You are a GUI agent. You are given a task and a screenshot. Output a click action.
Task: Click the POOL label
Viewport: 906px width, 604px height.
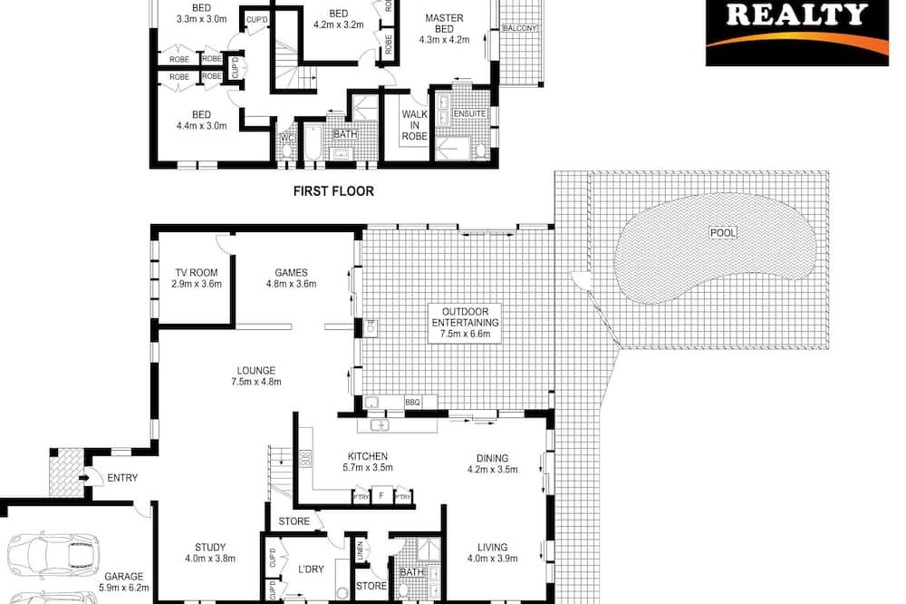pos(723,232)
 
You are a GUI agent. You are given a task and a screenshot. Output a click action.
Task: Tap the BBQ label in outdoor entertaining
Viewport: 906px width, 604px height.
pos(412,402)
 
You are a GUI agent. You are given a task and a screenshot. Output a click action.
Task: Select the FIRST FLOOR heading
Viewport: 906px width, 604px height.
pos(333,191)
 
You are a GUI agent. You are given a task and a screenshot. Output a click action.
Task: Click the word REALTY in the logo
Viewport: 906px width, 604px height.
pos(796,15)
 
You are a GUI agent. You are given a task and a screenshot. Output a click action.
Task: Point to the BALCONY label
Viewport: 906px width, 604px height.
pos(520,28)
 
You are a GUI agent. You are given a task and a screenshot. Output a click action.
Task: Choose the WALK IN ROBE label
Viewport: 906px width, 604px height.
pos(415,125)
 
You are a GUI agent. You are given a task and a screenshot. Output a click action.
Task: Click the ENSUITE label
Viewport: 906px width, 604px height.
pos(469,114)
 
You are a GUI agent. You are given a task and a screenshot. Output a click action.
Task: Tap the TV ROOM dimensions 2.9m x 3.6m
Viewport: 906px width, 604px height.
pos(197,284)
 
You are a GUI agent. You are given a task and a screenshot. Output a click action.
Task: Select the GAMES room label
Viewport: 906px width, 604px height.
pos(291,272)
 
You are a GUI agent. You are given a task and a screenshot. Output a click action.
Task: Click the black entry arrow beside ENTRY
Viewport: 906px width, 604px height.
pos(82,478)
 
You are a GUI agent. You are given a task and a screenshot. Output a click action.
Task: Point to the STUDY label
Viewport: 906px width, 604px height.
pos(210,547)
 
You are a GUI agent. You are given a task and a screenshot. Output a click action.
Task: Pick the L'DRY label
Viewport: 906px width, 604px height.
pos(311,570)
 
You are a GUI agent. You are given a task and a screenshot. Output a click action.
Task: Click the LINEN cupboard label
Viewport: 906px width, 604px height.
pos(360,550)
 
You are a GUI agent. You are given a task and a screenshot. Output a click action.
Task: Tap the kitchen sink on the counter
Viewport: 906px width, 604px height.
pos(380,426)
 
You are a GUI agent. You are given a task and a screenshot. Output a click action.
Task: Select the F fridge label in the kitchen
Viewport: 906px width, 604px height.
pos(381,496)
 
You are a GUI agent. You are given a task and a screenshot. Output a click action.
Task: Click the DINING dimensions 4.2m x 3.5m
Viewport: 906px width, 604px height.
pos(492,470)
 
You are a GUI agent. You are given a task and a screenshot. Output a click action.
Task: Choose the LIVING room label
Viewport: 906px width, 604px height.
pos(492,547)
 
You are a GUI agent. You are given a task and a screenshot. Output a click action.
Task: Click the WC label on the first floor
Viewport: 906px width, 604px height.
pos(288,138)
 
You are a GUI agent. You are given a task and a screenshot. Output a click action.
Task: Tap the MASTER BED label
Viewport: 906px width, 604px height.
pos(444,24)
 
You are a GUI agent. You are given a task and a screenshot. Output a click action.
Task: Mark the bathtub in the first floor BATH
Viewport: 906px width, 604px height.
pos(313,141)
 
